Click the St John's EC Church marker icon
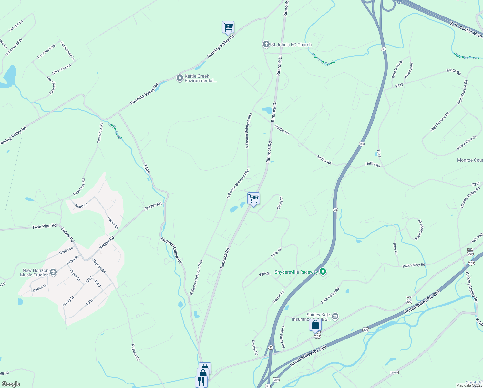click(266, 44)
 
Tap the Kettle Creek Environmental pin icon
click(180, 78)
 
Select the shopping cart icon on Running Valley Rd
click(228, 27)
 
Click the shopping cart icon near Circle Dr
click(254, 199)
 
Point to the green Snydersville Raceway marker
click(323, 272)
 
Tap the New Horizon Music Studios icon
click(54, 272)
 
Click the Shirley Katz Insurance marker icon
click(335, 316)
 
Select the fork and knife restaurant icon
click(201, 381)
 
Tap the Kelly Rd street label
click(276, 252)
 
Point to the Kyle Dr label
click(265, 274)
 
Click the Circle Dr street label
click(280, 203)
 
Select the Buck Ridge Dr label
click(418, 230)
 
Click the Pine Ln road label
click(395, 249)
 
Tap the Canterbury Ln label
click(68, 51)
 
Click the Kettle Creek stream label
click(115, 131)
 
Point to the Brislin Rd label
click(453, 71)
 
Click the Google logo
click(11, 384)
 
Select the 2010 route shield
click(394, 372)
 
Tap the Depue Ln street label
click(113, 223)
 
